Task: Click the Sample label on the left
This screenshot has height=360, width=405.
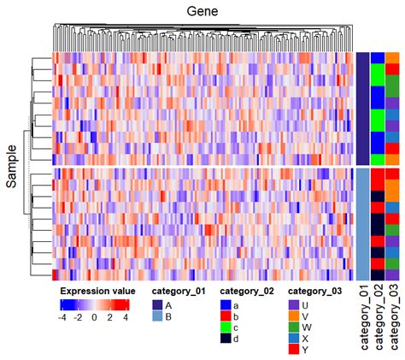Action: [x=12, y=165]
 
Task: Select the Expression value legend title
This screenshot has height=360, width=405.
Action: [x=94, y=290]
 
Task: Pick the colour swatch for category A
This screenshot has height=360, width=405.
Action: [x=157, y=304]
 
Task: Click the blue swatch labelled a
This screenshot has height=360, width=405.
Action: [x=226, y=304]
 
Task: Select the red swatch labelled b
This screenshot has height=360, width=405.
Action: [x=226, y=316]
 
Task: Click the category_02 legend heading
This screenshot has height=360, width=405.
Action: [x=248, y=290]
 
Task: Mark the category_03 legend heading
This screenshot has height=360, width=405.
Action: [x=317, y=290]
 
